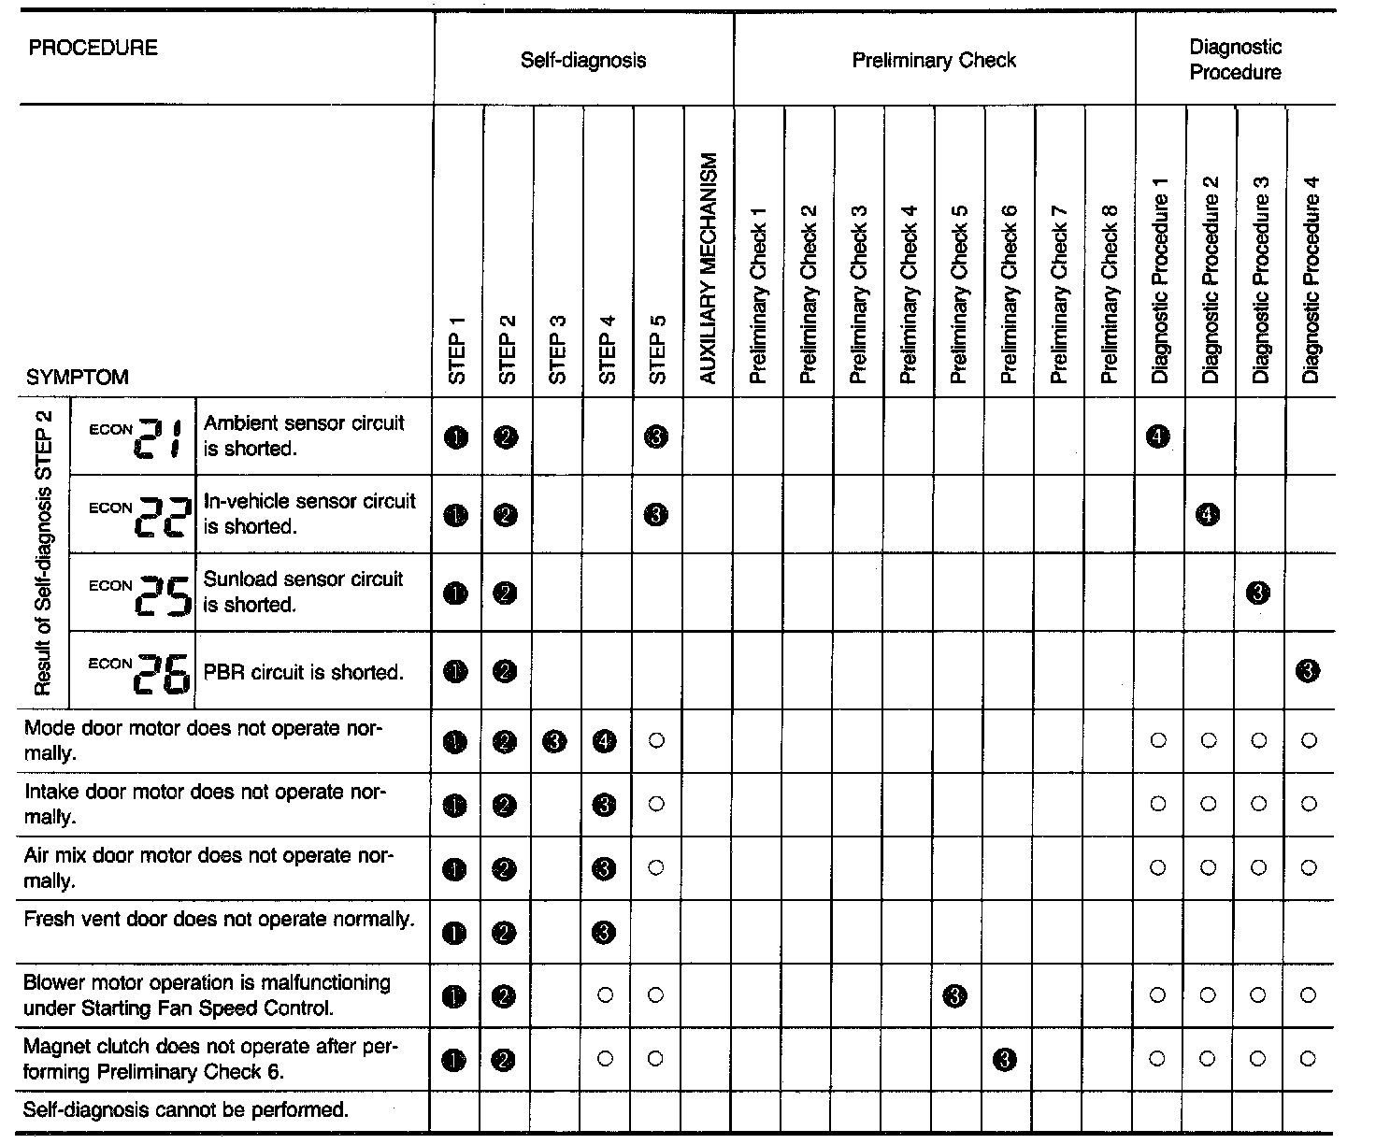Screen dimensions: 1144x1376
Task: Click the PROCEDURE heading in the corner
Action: click(93, 49)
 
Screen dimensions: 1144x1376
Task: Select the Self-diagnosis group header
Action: click(583, 61)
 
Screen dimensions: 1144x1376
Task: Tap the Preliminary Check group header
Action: click(934, 61)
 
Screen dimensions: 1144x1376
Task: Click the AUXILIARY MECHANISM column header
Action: click(708, 268)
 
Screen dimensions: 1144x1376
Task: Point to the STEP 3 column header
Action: click(557, 349)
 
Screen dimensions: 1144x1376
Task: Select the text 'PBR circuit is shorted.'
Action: click(304, 672)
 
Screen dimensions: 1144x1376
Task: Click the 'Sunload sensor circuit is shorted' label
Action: click(304, 592)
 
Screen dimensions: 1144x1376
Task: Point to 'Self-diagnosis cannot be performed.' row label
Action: click(186, 1110)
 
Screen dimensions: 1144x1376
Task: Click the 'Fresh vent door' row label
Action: click(219, 920)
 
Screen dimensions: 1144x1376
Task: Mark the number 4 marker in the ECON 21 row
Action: click(1158, 436)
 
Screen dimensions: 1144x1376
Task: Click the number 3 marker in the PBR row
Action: click(1309, 670)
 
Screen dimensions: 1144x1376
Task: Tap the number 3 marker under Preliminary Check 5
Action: click(956, 996)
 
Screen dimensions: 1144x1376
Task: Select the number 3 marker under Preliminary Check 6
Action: click(1006, 1060)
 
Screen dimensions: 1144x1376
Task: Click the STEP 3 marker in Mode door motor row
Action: click(555, 742)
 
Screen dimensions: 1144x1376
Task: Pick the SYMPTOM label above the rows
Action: click(77, 378)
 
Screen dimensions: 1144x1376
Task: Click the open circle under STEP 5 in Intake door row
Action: click(655, 804)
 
